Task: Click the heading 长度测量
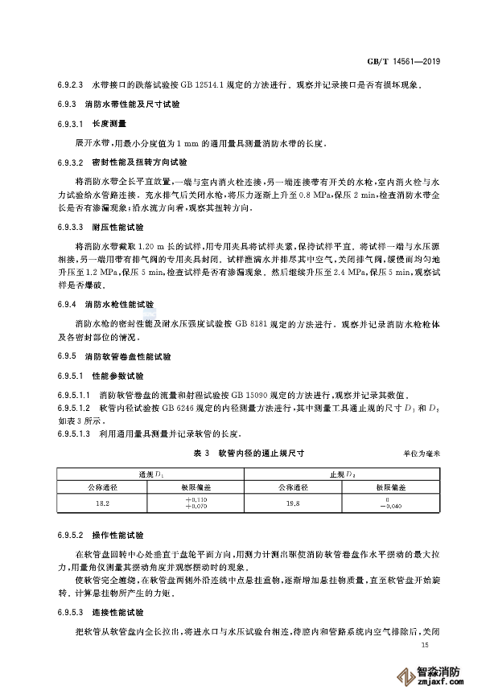pos(105,123)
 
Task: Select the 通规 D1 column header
pos(150,474)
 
